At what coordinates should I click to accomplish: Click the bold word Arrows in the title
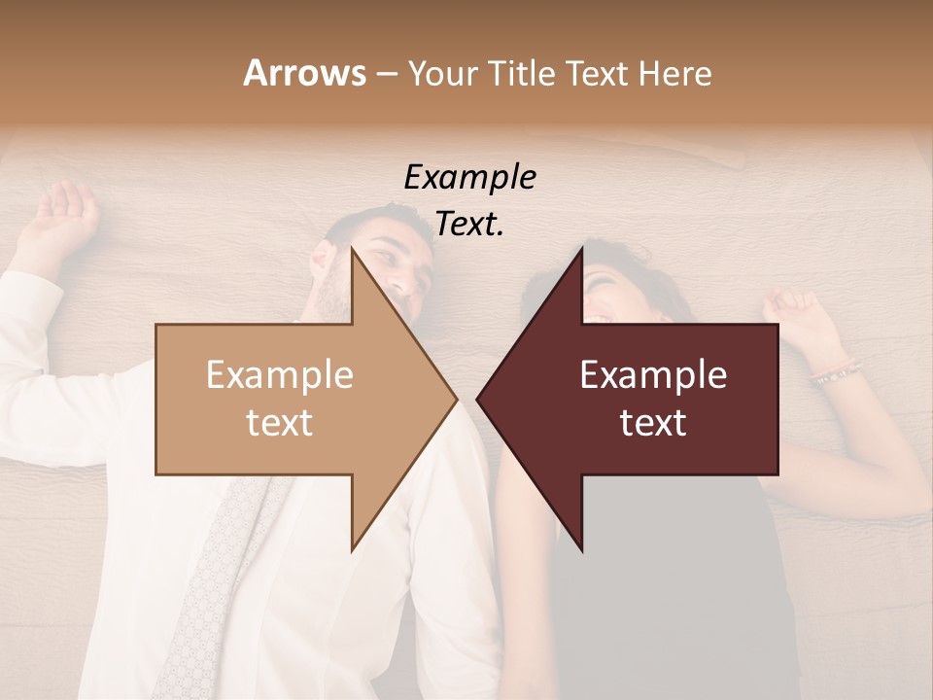tap(304, 73)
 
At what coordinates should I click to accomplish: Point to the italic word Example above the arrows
tap(469, 178)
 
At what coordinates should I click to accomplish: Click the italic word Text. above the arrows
tap(469, 225)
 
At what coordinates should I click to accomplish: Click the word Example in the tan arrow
tap(280, 375)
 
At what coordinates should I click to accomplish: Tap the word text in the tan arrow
tap(280, 423)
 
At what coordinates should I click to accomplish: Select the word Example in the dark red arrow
tap(653, 375)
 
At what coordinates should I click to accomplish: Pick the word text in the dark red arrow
tap(653, 423)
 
